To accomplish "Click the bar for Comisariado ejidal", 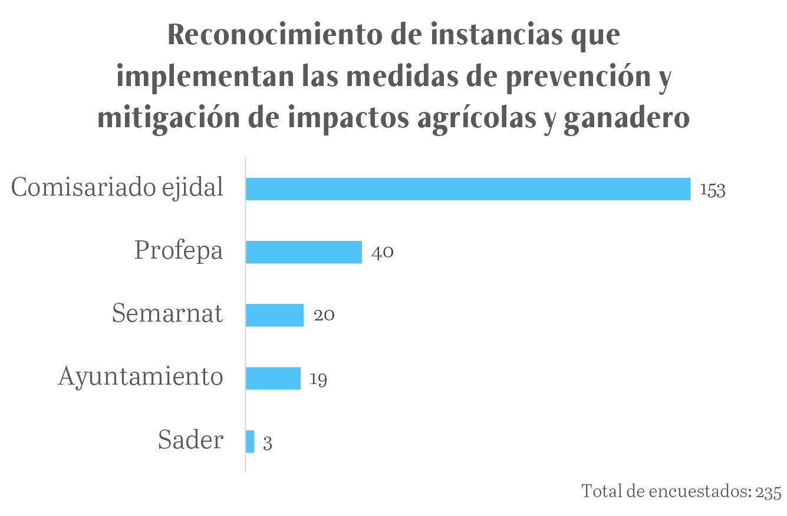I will (x=467, y=189).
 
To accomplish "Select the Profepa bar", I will (x=304, y=252).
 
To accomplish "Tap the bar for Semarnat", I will (x=274, y=315).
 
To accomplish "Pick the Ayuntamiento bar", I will (x=273, y=378).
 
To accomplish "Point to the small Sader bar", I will (x=250, y=441).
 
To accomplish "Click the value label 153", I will (x=713, y=190).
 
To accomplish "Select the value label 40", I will (x=383, y=253).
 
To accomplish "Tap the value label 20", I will (x=324, y=316).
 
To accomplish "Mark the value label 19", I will (x=318, y=379).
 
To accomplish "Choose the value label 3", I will (x=268, y=443).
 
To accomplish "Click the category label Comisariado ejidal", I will (x=117, y=188).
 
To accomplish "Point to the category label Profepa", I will (x=179, y=250).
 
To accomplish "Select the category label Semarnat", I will (x=167, y=313).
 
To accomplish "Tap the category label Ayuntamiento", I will (x=140, y=376).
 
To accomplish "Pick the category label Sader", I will (x=190, y=439).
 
